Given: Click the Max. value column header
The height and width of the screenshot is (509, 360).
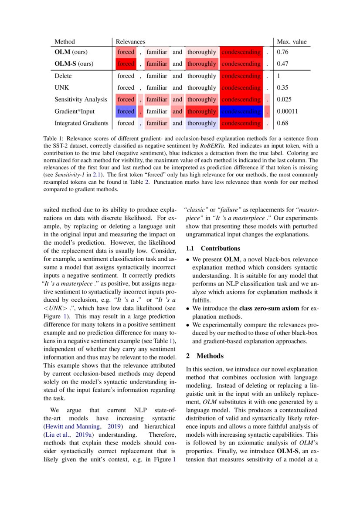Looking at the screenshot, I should pyautogui.click(x=292, y=42).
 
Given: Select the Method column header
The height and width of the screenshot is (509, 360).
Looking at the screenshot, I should pyautogui.click(x=65, y=42).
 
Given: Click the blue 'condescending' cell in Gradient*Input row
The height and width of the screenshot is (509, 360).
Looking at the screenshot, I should pyautogui.click(x=241, y=111).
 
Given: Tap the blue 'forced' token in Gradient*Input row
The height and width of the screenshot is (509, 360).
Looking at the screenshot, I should pyautogui.click(x=126, y=111).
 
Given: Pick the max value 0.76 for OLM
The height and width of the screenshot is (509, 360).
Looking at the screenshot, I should pyautogui.click(x=283, y=52).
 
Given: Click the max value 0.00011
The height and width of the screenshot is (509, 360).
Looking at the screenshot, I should pyautogui.click(x=287, y=111).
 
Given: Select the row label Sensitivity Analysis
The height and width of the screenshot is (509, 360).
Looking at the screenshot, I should pyautogui.click(x=81, y=99).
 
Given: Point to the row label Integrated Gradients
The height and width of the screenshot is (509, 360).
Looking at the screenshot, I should pyautogui.click(x=82, y=123).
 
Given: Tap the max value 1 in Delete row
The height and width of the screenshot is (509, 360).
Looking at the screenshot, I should pyautogui.click(x=278, y=76).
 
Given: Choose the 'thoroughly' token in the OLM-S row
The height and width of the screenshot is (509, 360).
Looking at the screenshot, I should pyautogui.click(x=201, y=64).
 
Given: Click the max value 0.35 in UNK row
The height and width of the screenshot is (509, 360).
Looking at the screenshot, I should pyautogui.click(x=283, y=88).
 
